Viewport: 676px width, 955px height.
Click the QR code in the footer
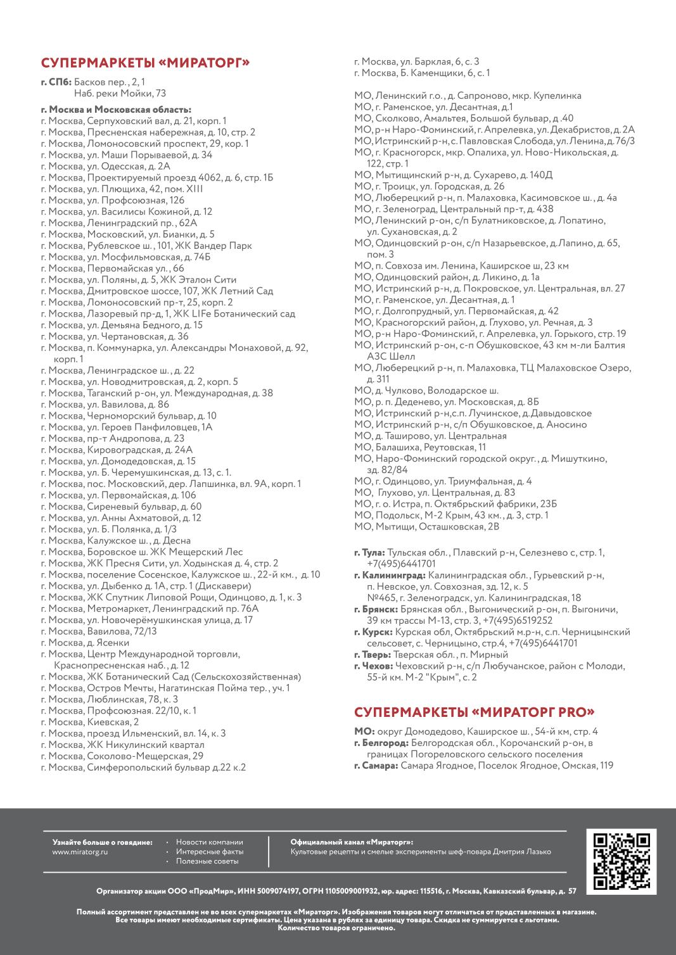[x=622, y=861]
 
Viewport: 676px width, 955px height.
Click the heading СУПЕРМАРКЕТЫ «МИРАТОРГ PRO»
[x=474, y=711]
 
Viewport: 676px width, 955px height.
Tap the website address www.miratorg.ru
[x=80, y=852]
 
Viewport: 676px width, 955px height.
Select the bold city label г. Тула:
[x=369, y=553]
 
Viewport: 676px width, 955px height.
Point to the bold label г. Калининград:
[x=390, y=576]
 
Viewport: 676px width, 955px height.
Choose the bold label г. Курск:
[x=373, y=632]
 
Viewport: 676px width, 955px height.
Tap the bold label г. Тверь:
[x=373, y=655]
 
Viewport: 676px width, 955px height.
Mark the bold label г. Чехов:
[x=373, y=666]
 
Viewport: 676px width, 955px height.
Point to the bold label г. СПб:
[x=56, y=82]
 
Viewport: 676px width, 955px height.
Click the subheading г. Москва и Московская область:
[x=116, y=110]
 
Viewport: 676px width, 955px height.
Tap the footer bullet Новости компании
[x=209, y=842]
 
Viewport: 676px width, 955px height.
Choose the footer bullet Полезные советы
[x=207, y=861]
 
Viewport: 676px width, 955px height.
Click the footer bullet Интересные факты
[x=209, y=852]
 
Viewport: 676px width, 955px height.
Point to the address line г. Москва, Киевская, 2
[x=89, y=722]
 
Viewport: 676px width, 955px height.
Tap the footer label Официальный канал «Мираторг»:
[x=352, y=842]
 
